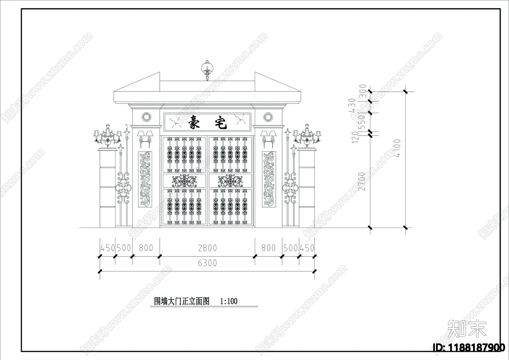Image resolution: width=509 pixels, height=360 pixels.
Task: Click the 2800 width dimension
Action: pos(207,248)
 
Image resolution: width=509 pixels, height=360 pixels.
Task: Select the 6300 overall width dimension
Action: pos(207,263)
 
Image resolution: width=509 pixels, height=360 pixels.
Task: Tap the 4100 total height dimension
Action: pos(397,148)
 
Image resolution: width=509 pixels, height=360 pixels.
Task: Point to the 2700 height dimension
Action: pos(362,181)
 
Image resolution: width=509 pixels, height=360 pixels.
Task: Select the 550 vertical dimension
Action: pos(362,122)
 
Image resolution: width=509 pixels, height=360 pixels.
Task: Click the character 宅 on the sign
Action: pos(220,122)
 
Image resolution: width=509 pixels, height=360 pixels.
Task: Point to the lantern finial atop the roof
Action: pos(207,69)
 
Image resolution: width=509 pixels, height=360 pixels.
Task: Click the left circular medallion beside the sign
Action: pos(147,117)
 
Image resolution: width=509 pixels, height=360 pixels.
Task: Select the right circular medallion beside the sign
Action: pos(268,117)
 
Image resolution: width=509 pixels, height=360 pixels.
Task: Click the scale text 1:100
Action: pos(229,301)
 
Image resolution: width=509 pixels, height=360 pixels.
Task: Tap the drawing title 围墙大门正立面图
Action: pos(182,301)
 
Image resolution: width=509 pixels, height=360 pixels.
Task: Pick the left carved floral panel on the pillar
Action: pos(145,179)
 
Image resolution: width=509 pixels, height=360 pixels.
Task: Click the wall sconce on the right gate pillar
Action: pos(268,138)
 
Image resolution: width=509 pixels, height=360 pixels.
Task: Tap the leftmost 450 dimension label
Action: pos(108,248)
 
